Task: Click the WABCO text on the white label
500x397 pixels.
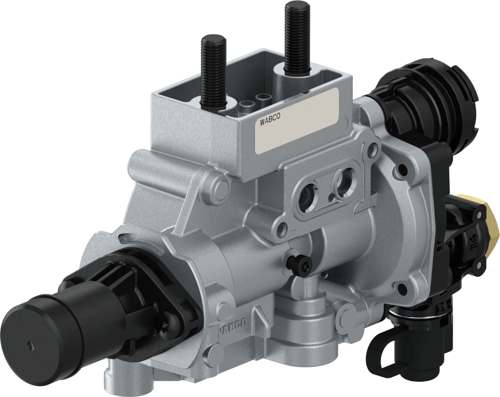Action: [x=267, y=121]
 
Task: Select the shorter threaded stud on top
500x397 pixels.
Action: [x=213, y=71]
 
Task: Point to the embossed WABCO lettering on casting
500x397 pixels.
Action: [x=233, y=327]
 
